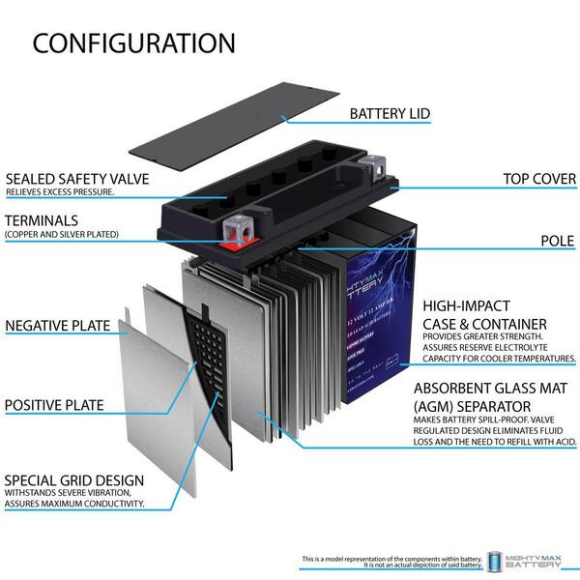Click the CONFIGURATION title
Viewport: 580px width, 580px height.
pos(133,43)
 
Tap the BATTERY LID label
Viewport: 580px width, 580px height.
pos(390,114)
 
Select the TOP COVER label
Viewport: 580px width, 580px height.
pos(539,179)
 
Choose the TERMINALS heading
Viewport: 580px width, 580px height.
pos(46,221)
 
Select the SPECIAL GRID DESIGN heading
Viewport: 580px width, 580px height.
pos(74,479)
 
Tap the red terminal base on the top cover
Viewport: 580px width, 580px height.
pos(237,246)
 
